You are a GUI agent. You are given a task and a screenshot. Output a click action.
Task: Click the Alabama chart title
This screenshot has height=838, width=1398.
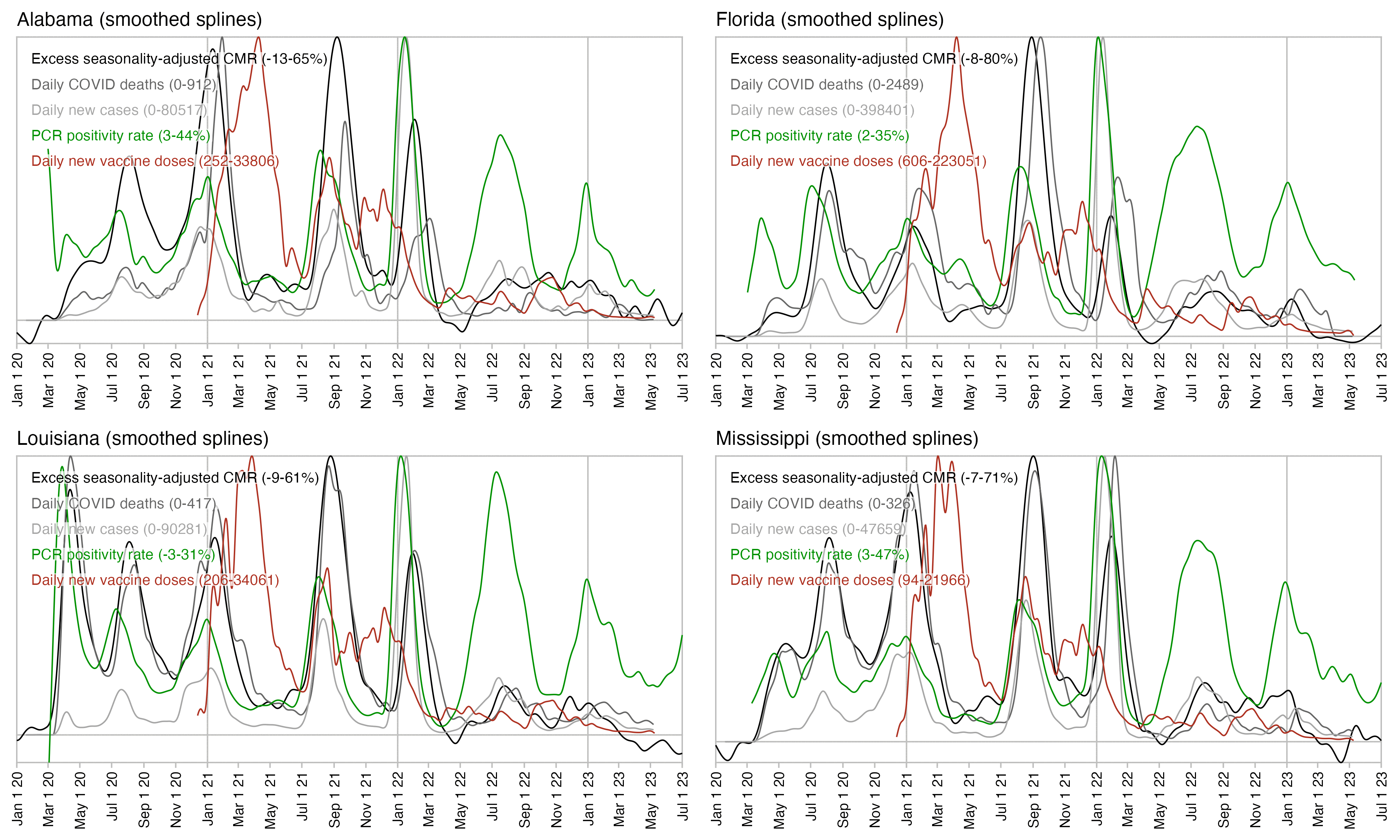139,20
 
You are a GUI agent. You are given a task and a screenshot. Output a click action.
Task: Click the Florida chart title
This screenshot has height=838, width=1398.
829,20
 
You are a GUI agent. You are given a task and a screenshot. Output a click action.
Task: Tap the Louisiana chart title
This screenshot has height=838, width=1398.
142,439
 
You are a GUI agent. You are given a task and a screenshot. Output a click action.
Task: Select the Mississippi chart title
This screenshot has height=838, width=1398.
846,439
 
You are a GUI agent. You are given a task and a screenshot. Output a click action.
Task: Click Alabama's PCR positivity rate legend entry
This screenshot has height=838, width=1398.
120,135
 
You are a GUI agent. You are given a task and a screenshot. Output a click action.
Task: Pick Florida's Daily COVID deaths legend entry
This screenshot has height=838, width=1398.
826,85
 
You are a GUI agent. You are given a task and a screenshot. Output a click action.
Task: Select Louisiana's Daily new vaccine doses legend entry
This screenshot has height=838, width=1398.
155,580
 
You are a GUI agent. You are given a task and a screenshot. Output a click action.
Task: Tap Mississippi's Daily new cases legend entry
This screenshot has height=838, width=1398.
818,529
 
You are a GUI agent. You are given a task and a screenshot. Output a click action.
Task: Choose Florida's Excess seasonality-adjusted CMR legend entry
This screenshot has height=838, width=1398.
874,59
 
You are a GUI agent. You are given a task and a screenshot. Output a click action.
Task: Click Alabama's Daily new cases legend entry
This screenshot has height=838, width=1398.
119,110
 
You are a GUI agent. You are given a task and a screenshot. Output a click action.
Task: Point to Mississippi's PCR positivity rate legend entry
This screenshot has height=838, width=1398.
819,554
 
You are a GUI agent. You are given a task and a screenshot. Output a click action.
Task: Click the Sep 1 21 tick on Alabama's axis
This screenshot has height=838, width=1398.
334,380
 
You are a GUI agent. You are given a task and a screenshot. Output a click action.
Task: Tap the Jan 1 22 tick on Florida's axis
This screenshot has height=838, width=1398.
1097,380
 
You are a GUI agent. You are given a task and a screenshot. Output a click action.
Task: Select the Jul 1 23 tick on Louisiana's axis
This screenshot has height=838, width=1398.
682,799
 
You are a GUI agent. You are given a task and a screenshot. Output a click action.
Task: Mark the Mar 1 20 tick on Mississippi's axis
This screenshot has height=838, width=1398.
748,799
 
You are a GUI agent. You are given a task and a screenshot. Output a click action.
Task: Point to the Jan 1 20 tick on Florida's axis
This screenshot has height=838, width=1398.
716,380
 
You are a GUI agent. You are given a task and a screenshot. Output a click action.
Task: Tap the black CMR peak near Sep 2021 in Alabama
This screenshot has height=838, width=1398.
337,38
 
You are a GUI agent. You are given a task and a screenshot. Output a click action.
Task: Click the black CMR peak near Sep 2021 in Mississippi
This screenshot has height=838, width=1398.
1033,456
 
